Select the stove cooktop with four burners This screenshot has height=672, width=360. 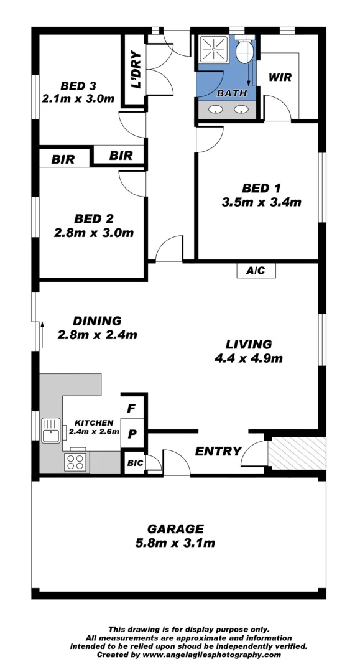tap(76, 462)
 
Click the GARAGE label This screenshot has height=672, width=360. tap(175, 529)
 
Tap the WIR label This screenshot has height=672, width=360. tap(280, 78)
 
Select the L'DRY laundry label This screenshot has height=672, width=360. tap(136, 70)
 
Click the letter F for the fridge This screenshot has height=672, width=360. tap(131, 409)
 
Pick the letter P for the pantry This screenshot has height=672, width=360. tap(132, 434)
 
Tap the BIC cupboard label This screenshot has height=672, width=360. tap(135, 464)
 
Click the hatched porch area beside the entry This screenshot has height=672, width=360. tap(296, 454)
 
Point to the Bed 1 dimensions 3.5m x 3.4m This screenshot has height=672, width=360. tap(261, 202)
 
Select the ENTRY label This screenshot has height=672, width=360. tap(218, 451)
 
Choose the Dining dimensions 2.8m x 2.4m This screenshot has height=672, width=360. tap(96, 335)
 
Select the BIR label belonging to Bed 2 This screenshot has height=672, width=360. tap(63, 160)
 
